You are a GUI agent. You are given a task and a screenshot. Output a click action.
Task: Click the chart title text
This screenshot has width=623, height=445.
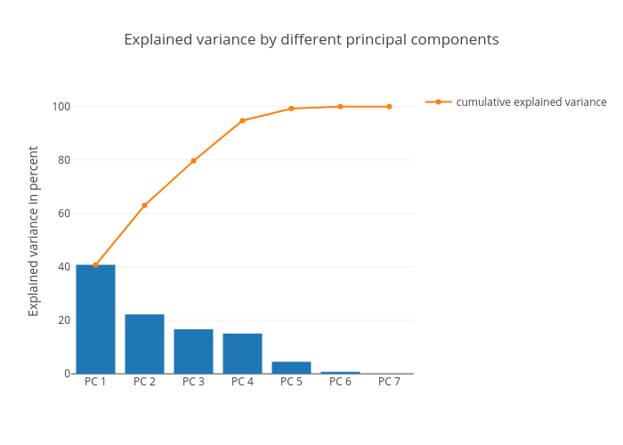pos(311,40)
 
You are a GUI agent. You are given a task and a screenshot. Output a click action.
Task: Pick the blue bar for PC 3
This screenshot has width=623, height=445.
pos(193,351)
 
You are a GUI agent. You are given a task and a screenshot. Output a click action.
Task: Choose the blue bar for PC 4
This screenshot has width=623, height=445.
pos(242,353)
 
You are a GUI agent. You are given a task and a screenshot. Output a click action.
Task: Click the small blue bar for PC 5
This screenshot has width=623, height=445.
pos(291,368)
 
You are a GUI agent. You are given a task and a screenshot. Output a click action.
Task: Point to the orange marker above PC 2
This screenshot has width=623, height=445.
pos(144,206)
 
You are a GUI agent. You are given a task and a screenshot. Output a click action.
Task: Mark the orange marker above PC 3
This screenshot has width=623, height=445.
pos(193,161)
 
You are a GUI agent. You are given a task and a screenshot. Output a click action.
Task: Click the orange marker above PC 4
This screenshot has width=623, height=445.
pos(242,120)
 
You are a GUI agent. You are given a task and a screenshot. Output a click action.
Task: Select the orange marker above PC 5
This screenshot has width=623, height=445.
pos(291,109)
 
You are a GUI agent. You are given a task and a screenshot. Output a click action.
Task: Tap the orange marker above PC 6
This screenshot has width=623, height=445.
pos(340,107)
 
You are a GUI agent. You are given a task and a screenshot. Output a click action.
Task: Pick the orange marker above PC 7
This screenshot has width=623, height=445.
pos(389,107)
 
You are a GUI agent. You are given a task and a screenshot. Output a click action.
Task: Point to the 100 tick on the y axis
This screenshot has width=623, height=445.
pos(61,107)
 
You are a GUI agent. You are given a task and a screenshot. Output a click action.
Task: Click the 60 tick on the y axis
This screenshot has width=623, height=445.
pos(63,214)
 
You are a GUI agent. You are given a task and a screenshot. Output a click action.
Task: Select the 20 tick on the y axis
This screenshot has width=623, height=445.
pos(63,320)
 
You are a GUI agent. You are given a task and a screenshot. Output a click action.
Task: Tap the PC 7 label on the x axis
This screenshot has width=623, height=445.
pos(389,382)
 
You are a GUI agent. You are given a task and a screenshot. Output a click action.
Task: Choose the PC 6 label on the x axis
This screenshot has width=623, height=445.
pos(340,382)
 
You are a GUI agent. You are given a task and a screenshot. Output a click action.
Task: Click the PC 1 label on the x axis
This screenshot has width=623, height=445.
pos(95,382)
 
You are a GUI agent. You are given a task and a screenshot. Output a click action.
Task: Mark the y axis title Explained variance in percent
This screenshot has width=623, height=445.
pos(34,231)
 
